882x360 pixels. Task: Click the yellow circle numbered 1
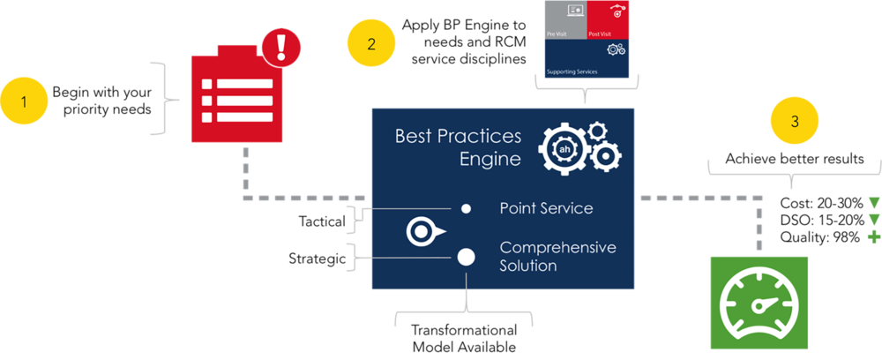24,101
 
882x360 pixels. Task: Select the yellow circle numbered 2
371,44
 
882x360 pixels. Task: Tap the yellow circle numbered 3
795,121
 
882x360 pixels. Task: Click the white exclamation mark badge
281,44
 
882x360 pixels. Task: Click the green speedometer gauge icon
759,302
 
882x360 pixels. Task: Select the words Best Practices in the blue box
458,136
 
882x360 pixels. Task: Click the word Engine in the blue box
490,160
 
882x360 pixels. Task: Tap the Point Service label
546,208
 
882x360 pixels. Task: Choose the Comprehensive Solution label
557,256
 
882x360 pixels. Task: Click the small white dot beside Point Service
467,209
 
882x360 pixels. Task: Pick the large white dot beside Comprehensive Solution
467,257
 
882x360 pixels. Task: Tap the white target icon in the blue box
422,232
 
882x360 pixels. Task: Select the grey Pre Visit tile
564,19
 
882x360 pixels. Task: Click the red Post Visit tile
609,19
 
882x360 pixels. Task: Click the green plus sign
874,237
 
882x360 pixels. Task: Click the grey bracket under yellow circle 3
794,170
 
